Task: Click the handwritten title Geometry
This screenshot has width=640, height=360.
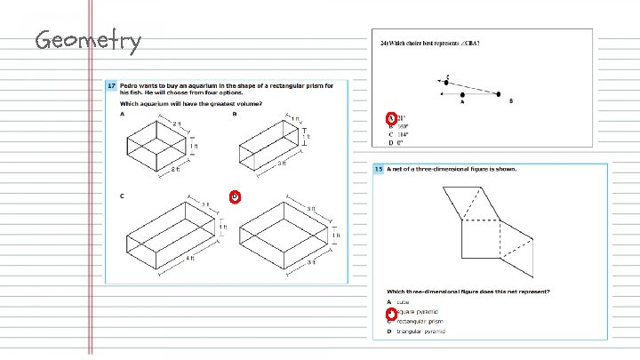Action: click(x=87, y=41)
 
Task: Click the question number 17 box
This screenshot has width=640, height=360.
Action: click(x=111, y=85)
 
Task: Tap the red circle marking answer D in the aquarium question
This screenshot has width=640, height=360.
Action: click(x=234, y=196)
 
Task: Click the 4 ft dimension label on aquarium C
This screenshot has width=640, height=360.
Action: click(x=190, y=259)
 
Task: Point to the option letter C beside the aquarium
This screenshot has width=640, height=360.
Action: click(x=121, y=195)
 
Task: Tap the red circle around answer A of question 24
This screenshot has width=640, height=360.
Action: click(x=390, y=118)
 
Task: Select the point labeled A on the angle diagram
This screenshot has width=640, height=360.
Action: click(x=463, y=93)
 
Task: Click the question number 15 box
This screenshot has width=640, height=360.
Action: click(x=379, y=168)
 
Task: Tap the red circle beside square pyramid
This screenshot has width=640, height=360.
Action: click(x=389, y=313)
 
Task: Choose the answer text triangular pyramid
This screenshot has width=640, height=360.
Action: click(x=422, y=332)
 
